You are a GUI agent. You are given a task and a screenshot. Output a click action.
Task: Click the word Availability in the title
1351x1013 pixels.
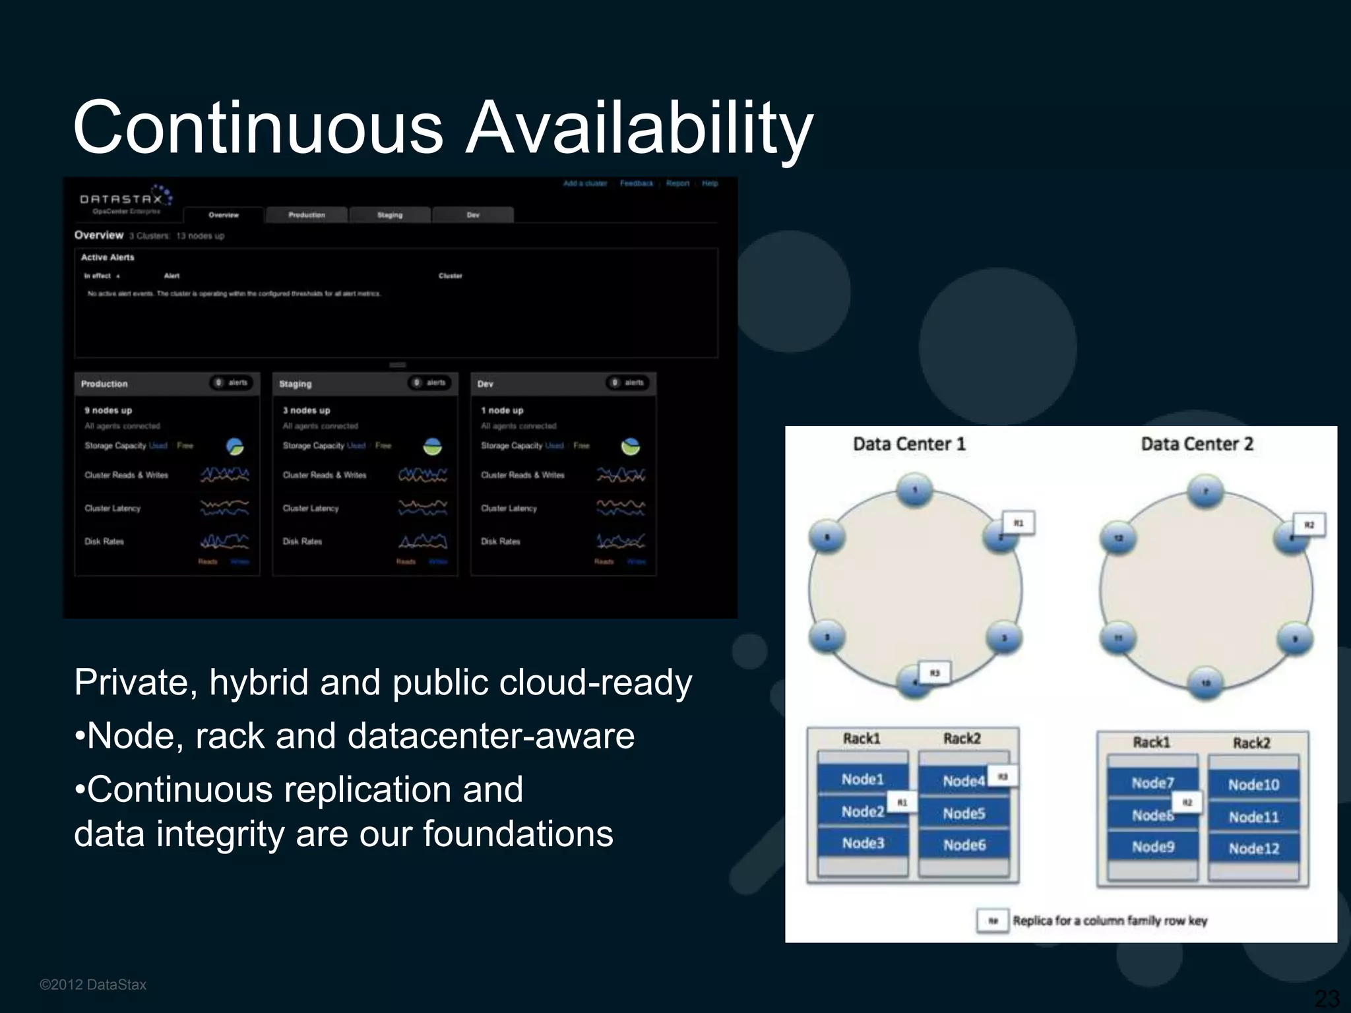[x=639, y=127]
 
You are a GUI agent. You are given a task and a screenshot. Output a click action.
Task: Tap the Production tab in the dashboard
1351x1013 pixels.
[x=306, y=215]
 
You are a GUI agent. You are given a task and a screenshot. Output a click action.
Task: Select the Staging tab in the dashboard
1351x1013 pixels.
[x=390, y=215]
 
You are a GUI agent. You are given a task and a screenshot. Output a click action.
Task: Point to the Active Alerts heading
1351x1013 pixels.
[x=108, y=257]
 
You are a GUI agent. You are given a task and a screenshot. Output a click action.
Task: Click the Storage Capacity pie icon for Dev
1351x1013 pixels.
[x=630, y=446]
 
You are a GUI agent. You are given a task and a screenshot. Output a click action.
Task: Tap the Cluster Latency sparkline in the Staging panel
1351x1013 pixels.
[x=422, y=508]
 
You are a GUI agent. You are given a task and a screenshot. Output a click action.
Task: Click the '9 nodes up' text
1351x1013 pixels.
[x=108, y=410]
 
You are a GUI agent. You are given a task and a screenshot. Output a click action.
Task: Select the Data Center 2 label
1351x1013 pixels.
[x=1197, y=444]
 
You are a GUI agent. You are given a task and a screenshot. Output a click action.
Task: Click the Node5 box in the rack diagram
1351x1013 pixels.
[x=964, y=813]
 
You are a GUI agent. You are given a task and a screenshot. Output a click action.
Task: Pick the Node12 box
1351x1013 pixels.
[x=1253, y=848]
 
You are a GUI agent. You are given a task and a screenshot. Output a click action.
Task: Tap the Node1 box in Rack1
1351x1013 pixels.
[x=862, y=780]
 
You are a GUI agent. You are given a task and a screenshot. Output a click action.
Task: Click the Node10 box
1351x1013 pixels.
[x=1253, y=784]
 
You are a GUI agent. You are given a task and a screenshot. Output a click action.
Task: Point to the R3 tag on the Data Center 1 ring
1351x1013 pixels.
[x=934, y=673]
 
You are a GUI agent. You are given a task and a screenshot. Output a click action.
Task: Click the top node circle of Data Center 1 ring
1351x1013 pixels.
[x=915, y=490]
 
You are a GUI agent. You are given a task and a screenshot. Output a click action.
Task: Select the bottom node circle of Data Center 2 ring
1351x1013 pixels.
[x=1205, y=683]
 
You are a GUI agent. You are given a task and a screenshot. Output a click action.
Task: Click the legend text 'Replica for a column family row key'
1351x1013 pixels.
[x=1110, y=921]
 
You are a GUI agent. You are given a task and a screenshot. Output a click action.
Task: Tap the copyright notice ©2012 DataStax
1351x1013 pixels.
[x=93, y=985]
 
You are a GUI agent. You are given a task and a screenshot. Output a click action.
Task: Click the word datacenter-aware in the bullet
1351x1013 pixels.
[x=491, y=735]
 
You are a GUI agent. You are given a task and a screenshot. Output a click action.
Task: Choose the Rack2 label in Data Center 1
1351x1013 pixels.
[x=962, y=739]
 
